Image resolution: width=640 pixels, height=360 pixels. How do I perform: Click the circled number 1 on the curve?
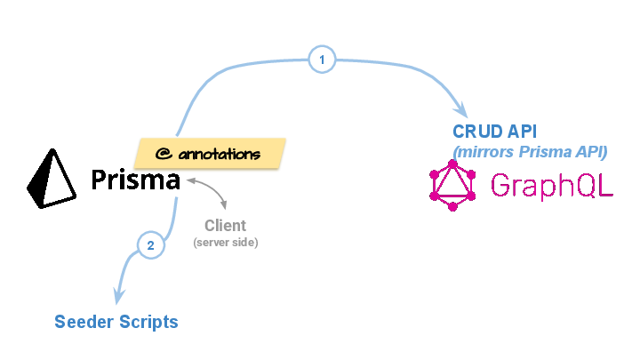click(322, 60)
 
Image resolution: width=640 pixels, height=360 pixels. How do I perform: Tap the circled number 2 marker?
click(151, 245)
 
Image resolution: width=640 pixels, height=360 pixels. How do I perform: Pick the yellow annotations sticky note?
click(210, 154)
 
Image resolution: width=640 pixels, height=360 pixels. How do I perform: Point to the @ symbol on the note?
click(163, 154)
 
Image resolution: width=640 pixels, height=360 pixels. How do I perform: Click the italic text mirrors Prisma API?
click(530, 151)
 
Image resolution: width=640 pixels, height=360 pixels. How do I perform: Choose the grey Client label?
click(225, 226)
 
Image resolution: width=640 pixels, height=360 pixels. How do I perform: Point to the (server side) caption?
click(225, 242)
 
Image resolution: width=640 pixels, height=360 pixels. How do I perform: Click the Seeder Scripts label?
click(116, 321)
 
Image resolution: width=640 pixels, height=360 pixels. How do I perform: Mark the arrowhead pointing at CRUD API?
click(460, 110)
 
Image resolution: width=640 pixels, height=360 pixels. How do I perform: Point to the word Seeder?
click(83, 321)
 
